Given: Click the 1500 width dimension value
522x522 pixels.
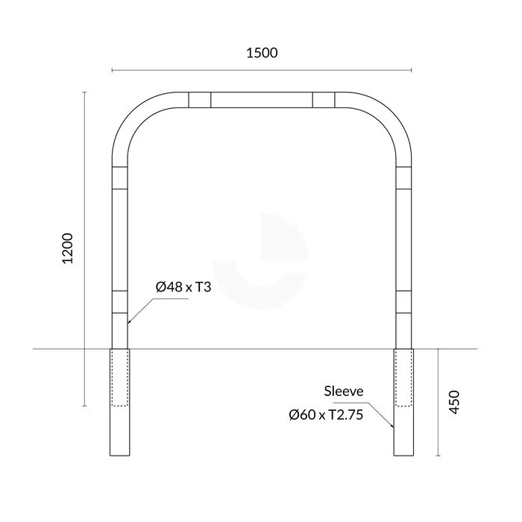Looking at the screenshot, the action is pyautogui.click(x=262, y=53).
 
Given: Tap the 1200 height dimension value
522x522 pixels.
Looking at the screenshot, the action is pyautogui.click(x=68, y=248).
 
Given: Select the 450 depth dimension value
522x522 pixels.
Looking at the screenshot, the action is pyautogui.click(x=454, y=402).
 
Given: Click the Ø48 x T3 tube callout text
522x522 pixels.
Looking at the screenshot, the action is pyautogui.click(x=183, y=287).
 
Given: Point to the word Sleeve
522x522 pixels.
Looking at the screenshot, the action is pyautogui.click(x=344, y=391).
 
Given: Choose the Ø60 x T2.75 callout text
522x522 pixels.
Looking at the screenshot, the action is pyautogui.click(x=326, y=415).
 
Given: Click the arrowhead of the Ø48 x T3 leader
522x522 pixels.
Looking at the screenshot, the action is pyautogui.click(x=128, y=322).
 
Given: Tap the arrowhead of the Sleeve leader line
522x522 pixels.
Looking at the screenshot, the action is pyautogui.click(x=393, y=426).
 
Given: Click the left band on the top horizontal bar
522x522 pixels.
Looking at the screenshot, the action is pyautogui.click(x=200, y=100).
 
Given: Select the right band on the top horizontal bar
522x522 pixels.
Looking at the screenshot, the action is pyautogui.click(x=324, y=100).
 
